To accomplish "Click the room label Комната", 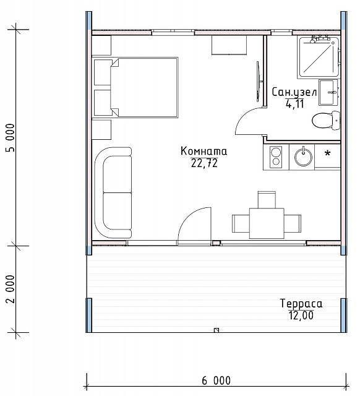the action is tap(204, 151).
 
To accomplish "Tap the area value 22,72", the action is tap(204, 163).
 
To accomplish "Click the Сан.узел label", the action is tap(294, 92).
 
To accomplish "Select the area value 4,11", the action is tap(294, 103).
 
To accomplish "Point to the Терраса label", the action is tap(301, 303).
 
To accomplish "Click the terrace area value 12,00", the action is tap(301, 315).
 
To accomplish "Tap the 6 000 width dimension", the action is tap(216, 381).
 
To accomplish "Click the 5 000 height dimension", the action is tap(11, 137).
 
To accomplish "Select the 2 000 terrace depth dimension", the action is tap(11, 289).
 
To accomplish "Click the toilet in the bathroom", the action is tap(326, 120).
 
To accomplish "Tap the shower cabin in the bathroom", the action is tap(319, 56).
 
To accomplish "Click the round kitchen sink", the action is tap(303, 157).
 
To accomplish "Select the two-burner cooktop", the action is tap(276, 157).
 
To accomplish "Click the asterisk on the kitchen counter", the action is tap(327, 153).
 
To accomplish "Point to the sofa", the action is tap(113, 193).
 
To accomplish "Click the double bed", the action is tap(144, 87).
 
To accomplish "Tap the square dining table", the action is tap(267, 223).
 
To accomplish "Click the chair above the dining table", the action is tap(267, 200).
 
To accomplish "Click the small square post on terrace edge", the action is tap(216, 330).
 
